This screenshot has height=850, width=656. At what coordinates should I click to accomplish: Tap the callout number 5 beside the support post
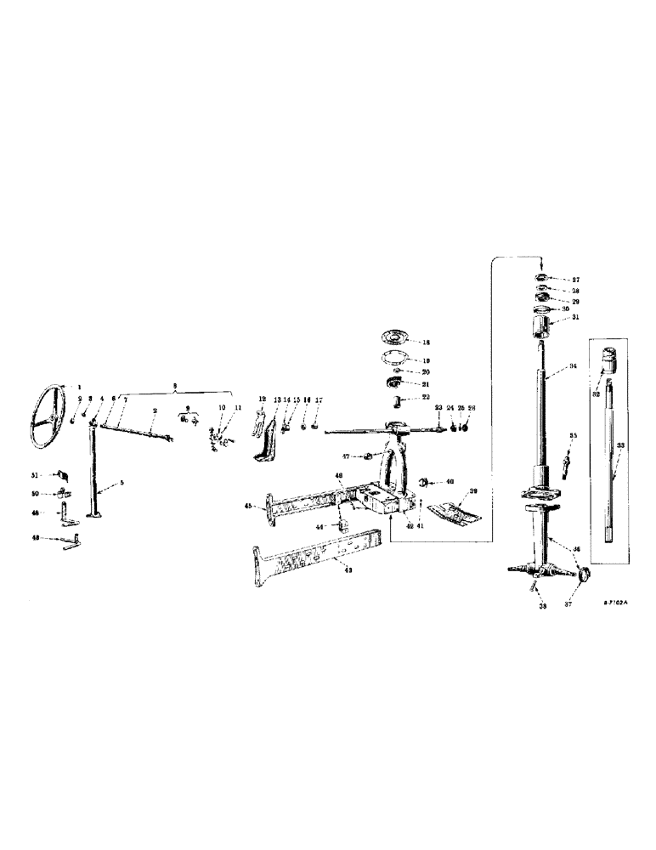[122, 483]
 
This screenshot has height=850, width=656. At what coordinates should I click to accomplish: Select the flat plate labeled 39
[452, 510]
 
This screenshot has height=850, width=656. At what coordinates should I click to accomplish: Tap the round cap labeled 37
[584, 575]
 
